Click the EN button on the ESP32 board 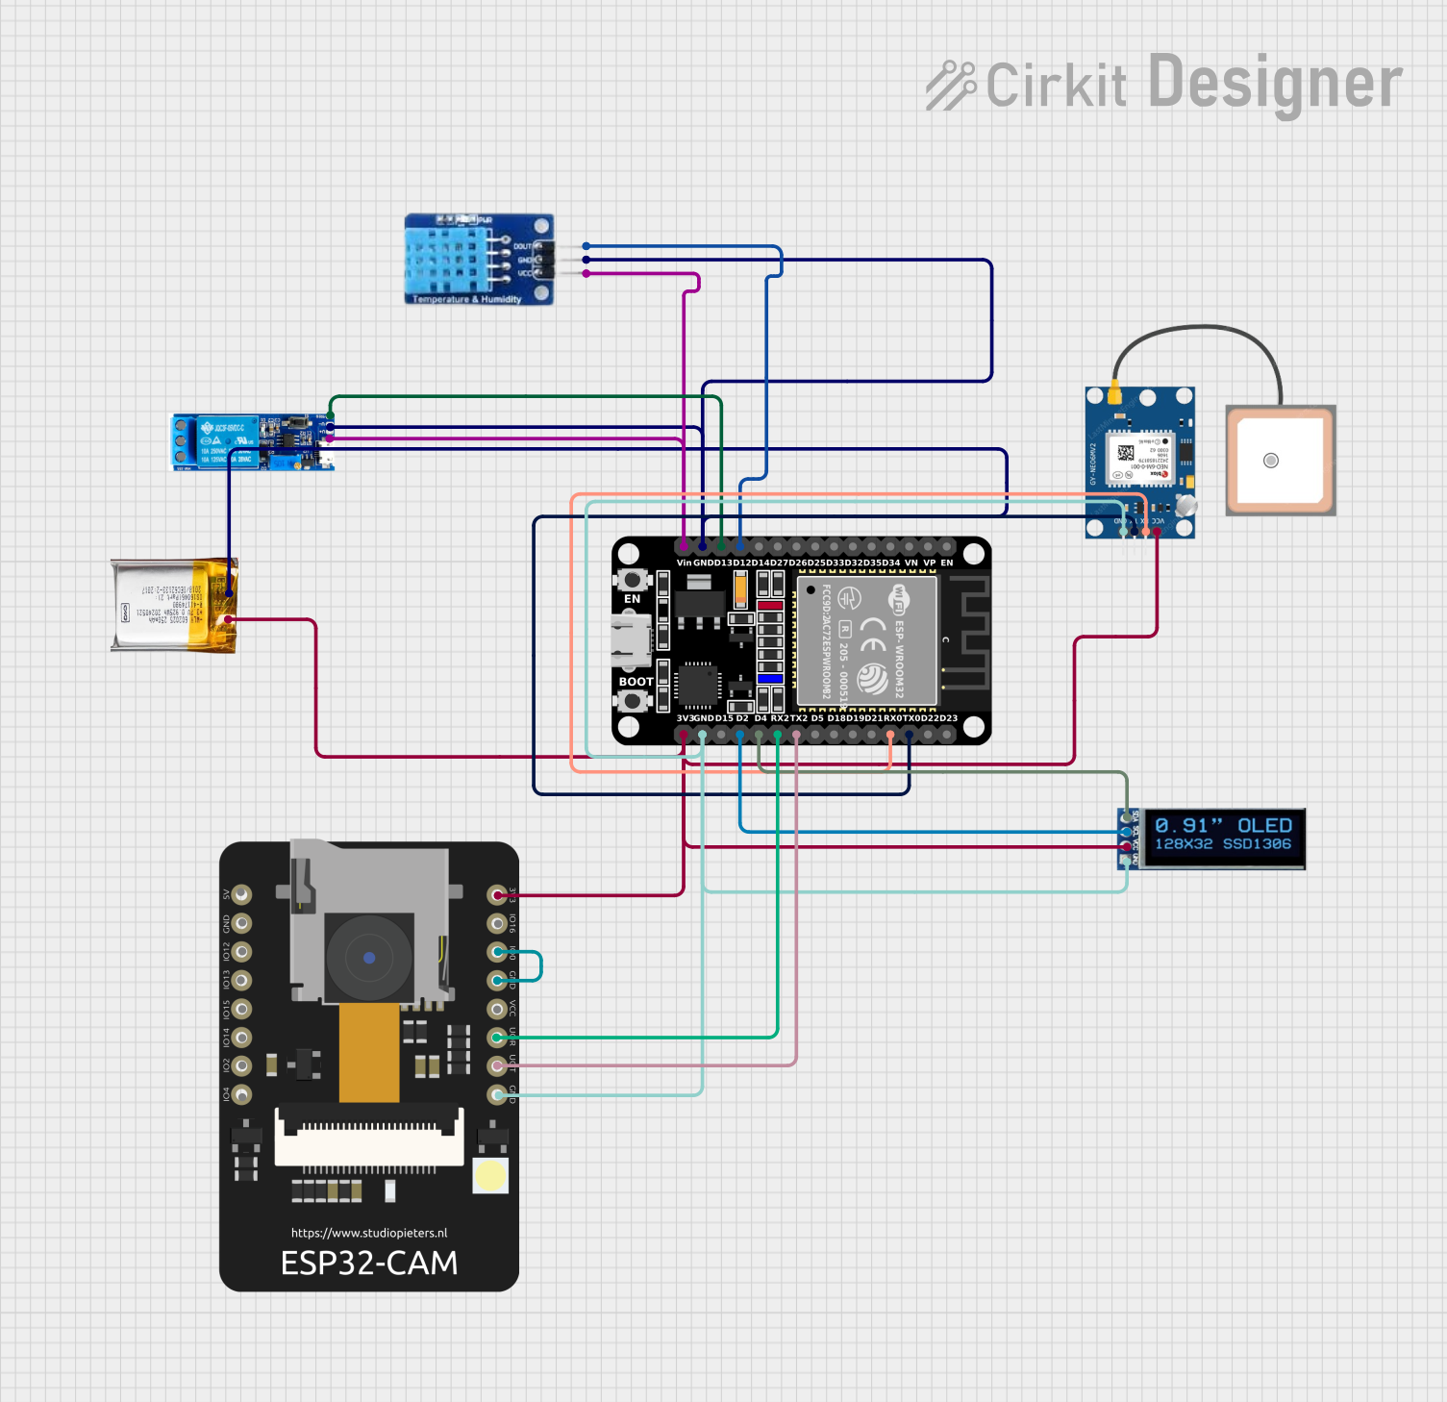tap(632, 580)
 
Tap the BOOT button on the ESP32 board tap(632, 700)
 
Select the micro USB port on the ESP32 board tap(630, 640)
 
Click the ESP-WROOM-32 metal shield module tap(866, 640)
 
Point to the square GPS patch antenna tap(1280, 461)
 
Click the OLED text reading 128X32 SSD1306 tap(1222, 844)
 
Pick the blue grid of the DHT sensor tap(441, 257)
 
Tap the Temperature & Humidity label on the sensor tap(466, 299)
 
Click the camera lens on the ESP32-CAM tap(369, 958)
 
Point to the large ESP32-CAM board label tap(369, 1263)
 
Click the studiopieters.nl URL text tap(369, 1233)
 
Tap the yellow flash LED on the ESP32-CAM tap(490, 1175)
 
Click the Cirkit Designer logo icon tap(950, 85)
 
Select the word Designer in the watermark tap(1275, 84)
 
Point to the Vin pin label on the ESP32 tap(684, 563)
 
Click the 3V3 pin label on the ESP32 tap(685, 718)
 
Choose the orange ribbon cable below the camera tap(369, 1053)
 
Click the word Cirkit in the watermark tap(1056, 85)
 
